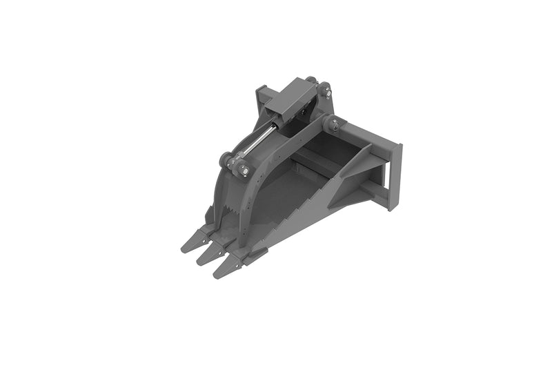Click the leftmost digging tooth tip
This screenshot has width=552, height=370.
point(185,247)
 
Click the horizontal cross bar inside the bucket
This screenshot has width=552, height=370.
point(314,166)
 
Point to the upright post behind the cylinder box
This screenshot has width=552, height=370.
point(262,100)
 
